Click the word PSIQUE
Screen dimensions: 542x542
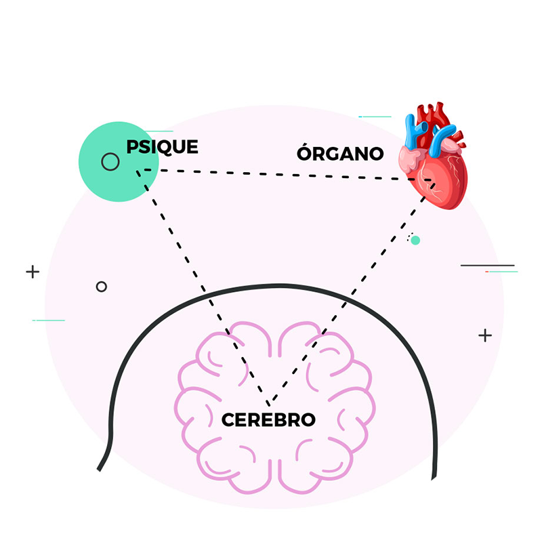(162, 147)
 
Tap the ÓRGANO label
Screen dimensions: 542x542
(340, 154)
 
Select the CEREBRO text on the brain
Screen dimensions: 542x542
(268, 419)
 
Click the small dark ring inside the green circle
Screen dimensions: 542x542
(110, 162)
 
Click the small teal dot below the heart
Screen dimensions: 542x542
(415, 241)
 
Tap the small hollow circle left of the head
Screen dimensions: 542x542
(102, 287)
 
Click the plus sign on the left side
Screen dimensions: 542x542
(33, 272)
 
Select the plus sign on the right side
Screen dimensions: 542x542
(485, 335)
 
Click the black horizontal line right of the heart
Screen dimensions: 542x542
(487, 265)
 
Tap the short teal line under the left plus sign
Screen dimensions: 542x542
(49, 320)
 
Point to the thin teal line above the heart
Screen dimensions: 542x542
(375, 117)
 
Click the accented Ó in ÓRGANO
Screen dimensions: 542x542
(306, 152)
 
